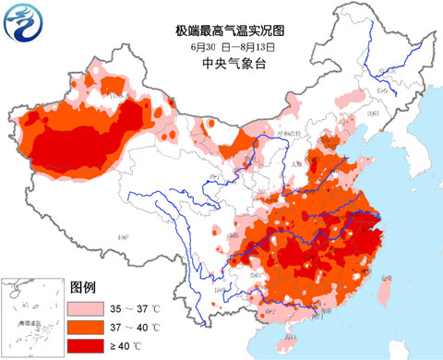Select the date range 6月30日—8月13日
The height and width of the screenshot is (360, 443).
tap(221, 46)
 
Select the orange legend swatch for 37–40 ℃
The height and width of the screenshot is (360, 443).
tap(89, 327)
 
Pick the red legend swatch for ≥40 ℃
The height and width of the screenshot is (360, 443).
tap(89, 344)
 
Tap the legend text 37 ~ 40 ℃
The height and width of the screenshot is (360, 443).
tap(137, 327)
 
